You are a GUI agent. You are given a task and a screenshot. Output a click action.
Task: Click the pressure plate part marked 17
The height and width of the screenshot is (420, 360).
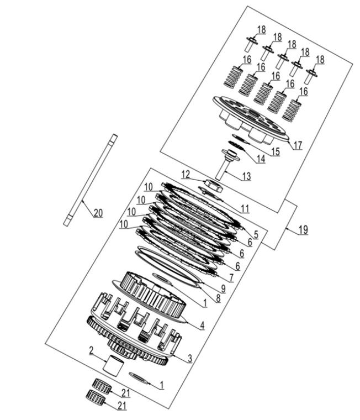[248, 118]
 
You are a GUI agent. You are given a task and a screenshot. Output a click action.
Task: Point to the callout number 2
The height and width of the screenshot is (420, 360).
[92, 349]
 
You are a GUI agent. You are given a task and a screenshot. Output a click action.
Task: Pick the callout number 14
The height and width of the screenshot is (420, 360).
[260, 160]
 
